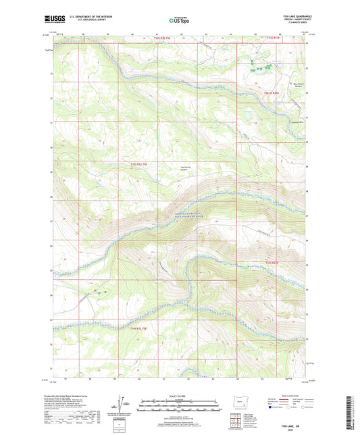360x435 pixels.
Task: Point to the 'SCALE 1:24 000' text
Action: (180, 396)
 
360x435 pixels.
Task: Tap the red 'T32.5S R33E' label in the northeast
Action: (271, 93)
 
